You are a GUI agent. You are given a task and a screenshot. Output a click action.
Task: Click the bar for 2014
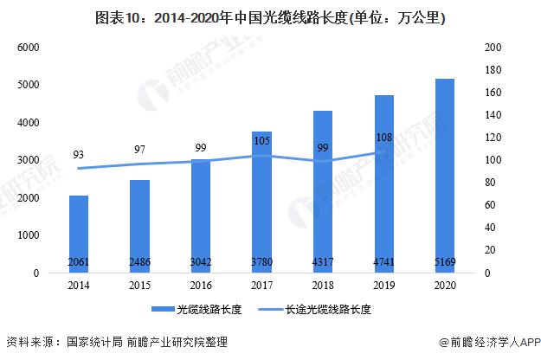pyautogui.click(x=79, y=234)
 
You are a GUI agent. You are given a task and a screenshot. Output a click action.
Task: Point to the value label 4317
pyautogui.click(x=322, y=261)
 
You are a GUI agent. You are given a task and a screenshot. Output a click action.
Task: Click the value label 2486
pyautogui.click(x=139, y=261)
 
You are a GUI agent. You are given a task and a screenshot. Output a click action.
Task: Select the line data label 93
pyautogui.click(x=79, y=155)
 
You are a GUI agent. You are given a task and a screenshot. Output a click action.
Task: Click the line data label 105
pyautogui.click(x=261, y=139)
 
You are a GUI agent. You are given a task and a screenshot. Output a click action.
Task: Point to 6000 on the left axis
pyautogui.click(x=29, y=47)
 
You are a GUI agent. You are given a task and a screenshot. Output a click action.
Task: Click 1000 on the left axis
pyautogui.click(x=29, y=235)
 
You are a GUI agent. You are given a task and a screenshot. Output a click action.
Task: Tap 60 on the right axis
pyautogui.click(x=492, y=205)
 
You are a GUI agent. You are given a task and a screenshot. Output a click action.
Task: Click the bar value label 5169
pyautogui.click(x=444, y=261)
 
